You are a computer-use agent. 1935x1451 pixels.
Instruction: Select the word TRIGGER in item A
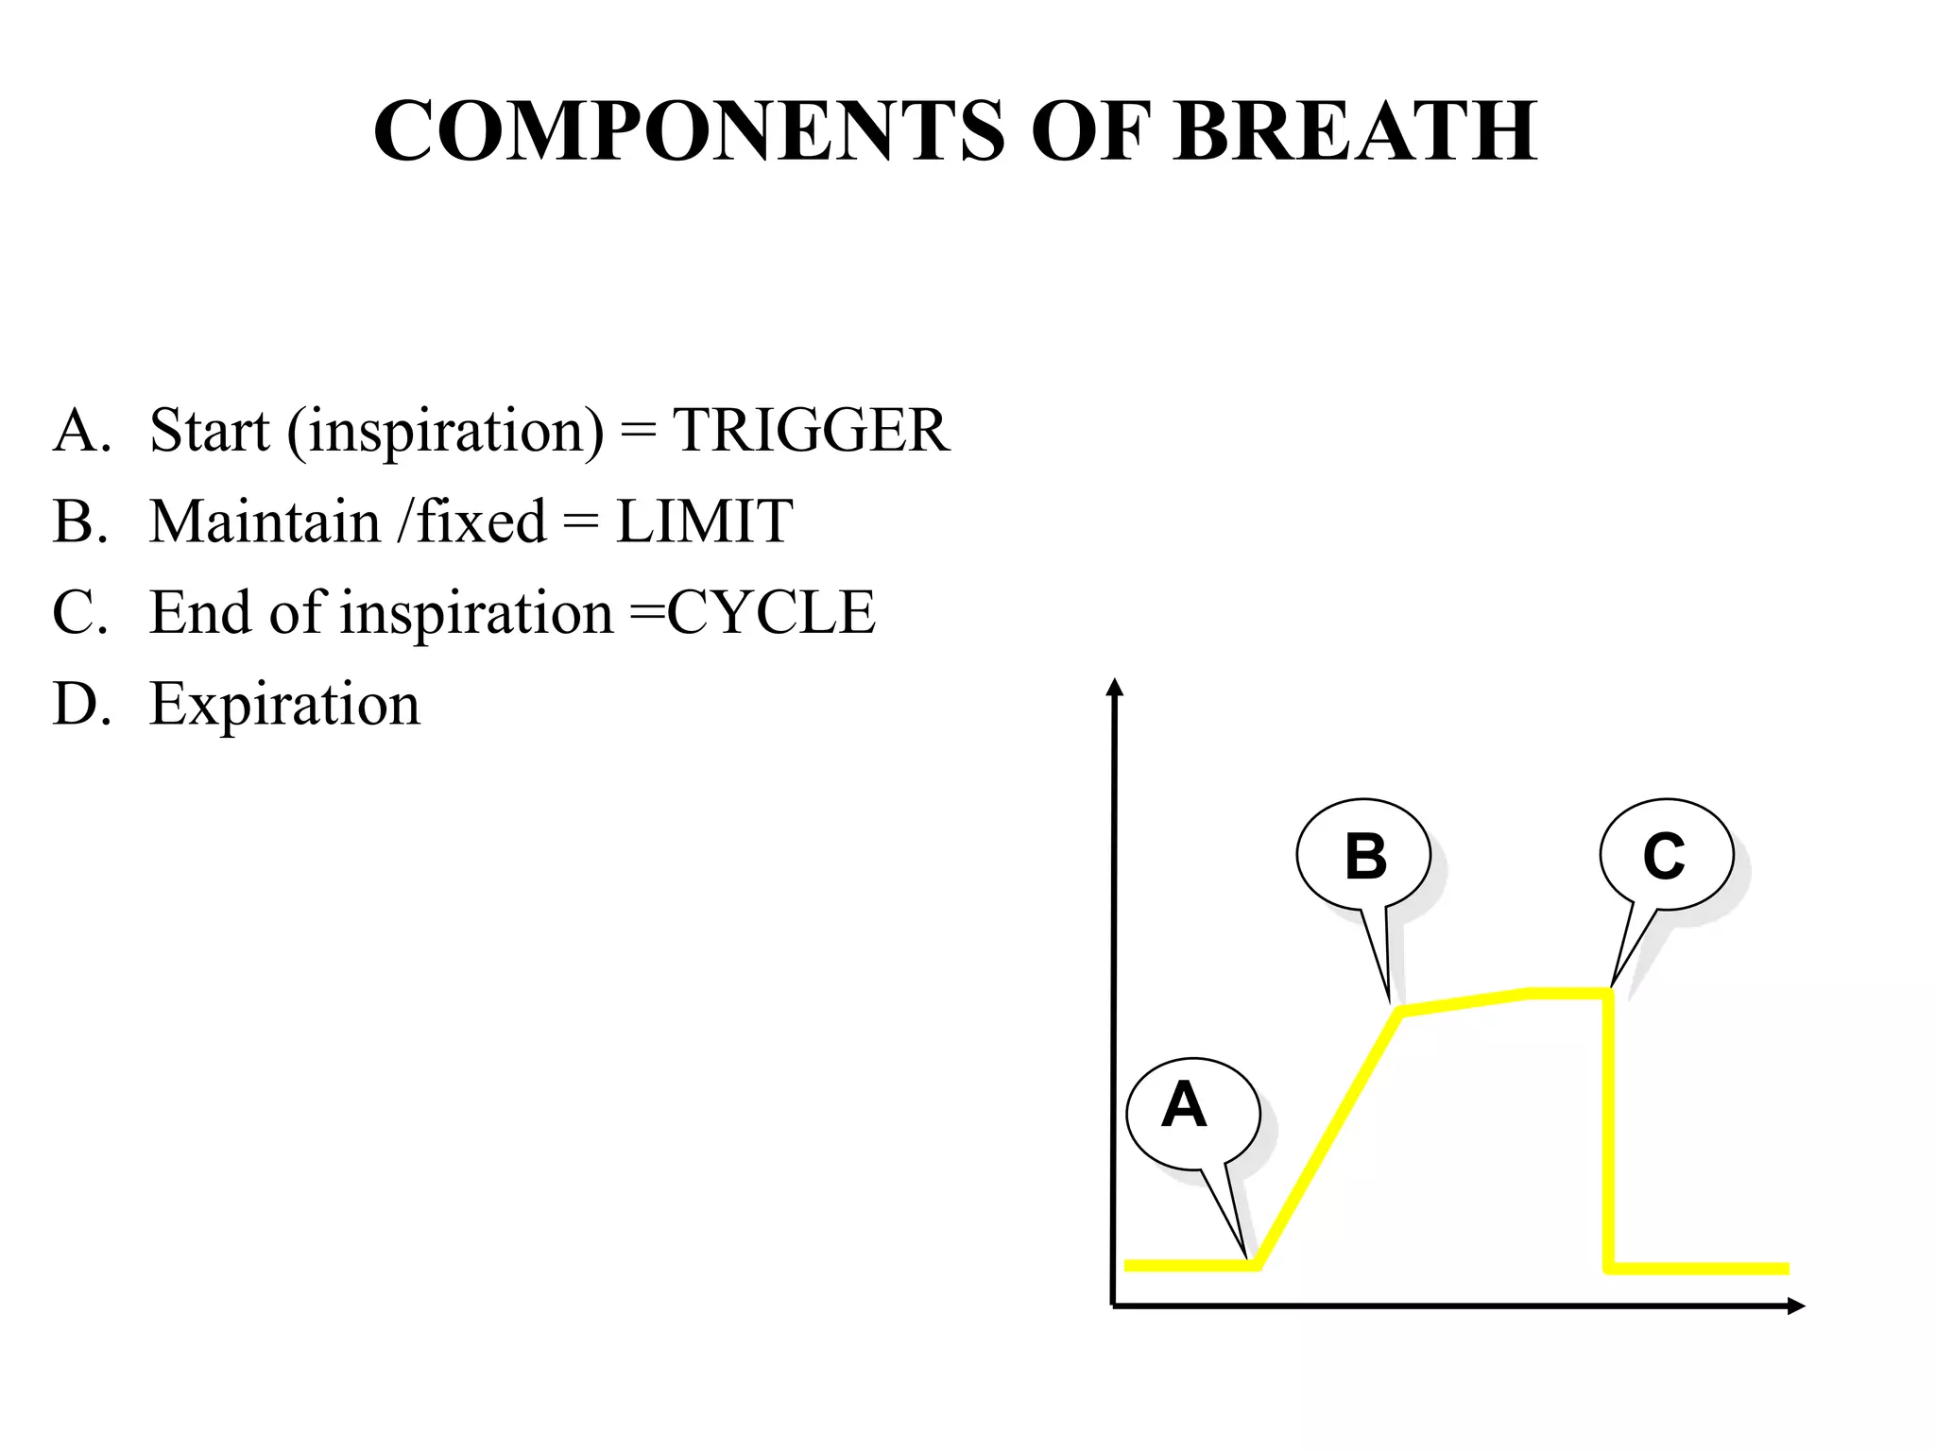point(810,431)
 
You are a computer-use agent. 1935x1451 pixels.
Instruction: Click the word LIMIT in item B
point(704,521)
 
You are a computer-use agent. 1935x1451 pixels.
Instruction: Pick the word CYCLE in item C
point(771,613)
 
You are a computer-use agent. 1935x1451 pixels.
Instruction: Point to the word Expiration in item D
point(284,705)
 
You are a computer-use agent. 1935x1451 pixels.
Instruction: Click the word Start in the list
point(210,431)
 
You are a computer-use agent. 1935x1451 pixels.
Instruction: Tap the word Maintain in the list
point(265,521)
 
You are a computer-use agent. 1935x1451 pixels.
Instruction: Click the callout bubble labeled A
point(1192,1112)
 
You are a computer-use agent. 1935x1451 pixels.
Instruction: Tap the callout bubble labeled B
point(1363,855)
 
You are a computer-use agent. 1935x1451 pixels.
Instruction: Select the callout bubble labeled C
point(1666,854)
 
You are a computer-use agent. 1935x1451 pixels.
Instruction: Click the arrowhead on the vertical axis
point(1115,686)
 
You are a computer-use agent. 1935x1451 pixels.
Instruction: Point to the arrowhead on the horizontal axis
point(1795,1306)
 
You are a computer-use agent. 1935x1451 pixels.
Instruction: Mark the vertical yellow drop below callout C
point(1608,1134)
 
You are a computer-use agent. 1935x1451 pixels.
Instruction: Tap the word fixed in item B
point(481,521)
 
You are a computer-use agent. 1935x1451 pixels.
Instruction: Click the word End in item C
point(201,613)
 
